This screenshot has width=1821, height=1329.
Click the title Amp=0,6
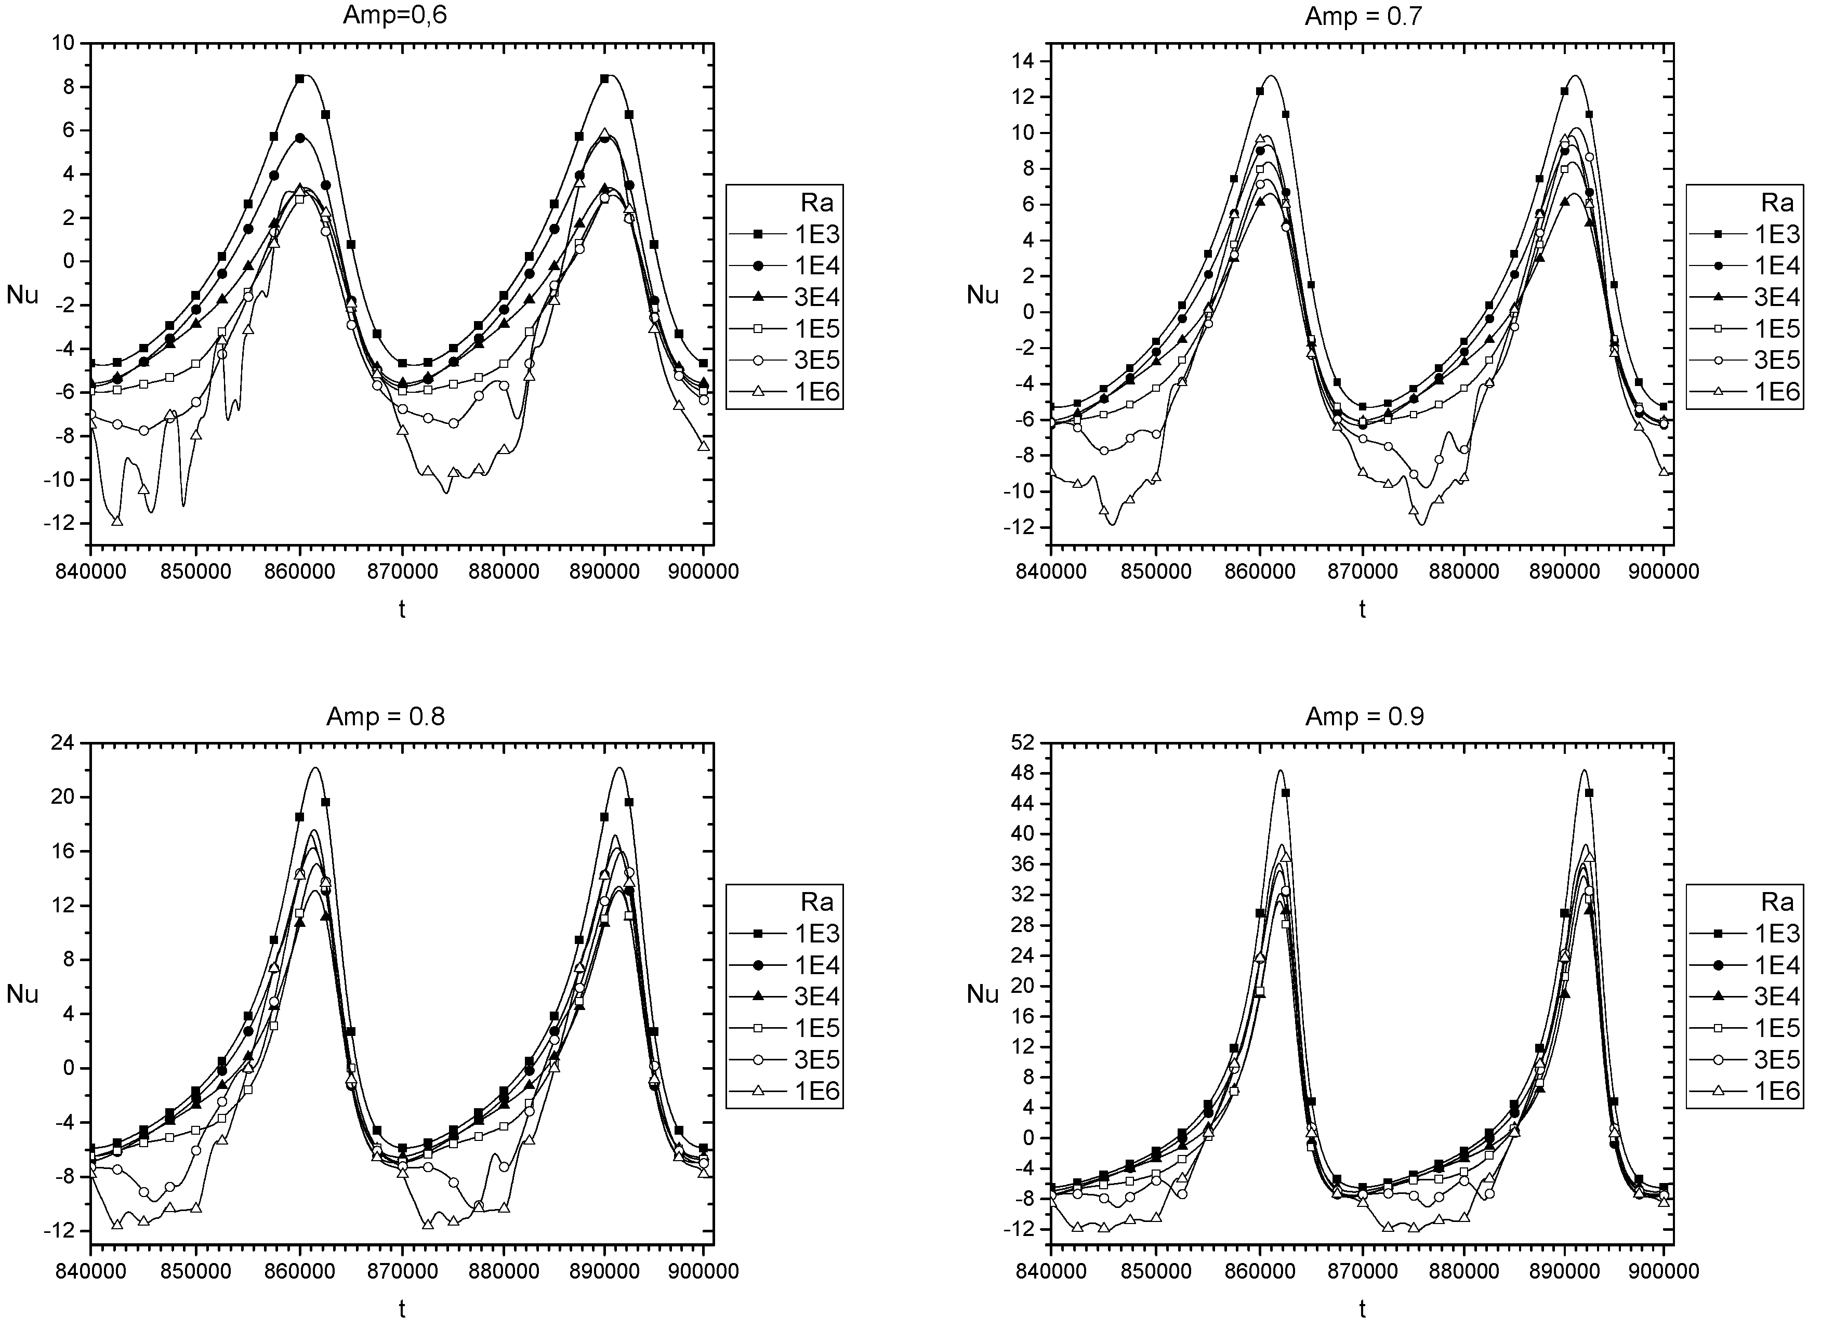click(395, 16)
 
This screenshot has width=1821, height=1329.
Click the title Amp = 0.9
click(1365, 716)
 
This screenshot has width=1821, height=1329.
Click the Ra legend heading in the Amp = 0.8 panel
click(817, 902)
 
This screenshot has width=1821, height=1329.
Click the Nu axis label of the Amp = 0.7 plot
click(983, 295)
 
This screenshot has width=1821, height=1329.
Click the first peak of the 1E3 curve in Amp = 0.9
click(1279, 770)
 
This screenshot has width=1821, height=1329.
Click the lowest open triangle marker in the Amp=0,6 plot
click(117, 521)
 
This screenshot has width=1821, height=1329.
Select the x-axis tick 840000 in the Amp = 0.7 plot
click(1051, 570)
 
